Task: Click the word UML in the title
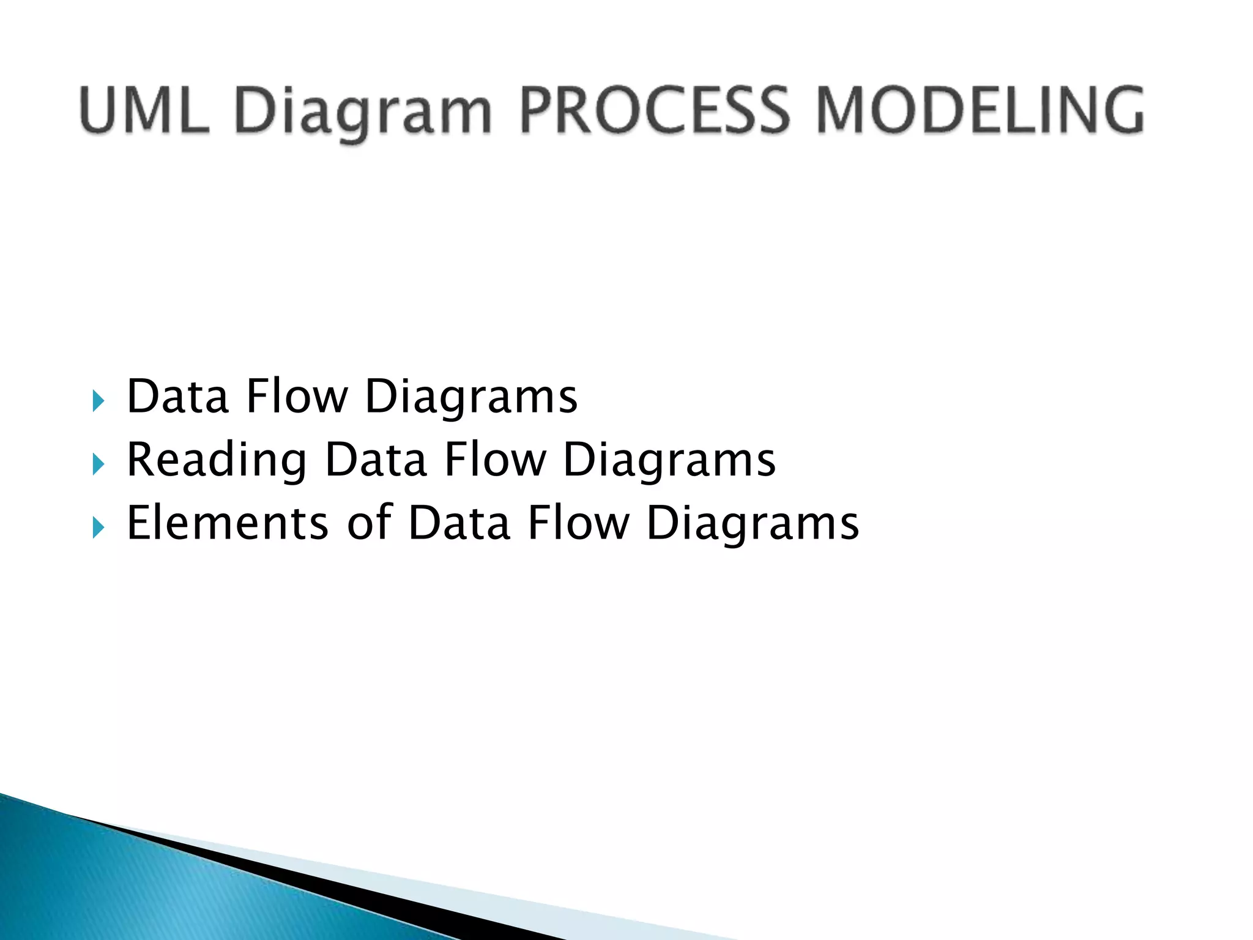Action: point(144,110)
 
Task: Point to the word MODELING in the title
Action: point(979,110)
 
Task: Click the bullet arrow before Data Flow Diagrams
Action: point(99,401)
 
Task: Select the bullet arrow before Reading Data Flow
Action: point(99,464)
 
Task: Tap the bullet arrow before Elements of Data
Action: point(99,527)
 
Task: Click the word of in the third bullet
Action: point(369,523)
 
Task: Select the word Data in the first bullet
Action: point(177,397)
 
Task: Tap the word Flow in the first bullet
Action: point(297,397)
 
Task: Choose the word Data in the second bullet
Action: point(375,460)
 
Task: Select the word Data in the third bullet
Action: point(459,523)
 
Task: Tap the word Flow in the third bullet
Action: point(578,523)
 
